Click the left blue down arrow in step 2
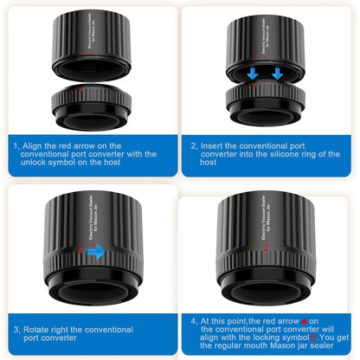point(253,74)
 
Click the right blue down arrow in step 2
point(278,74)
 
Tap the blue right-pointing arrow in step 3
point(96,251)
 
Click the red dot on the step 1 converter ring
point(80,89)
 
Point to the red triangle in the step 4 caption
point(304,321)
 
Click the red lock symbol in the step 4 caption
point(313,337)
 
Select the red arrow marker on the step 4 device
point(267,250)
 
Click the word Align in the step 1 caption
point(33,146)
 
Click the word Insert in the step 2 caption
point(211,146)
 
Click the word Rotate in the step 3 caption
point(35,330)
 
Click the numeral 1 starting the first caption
point(16,146)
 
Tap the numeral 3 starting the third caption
point(16,330)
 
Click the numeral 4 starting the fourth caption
point(194,321)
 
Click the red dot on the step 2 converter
point(254,85)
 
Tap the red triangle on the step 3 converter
point(80,251)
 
